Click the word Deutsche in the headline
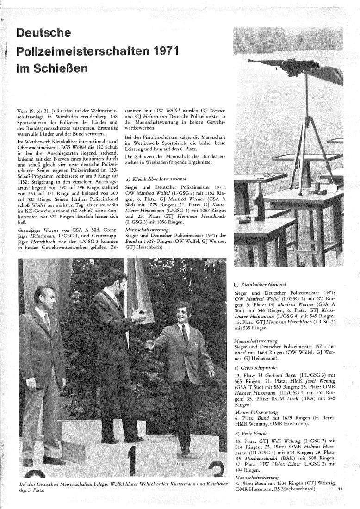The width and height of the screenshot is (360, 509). coord(43,33)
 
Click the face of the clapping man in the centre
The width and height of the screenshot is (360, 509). coord(115,279)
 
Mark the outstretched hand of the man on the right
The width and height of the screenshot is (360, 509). coord(150,344)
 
